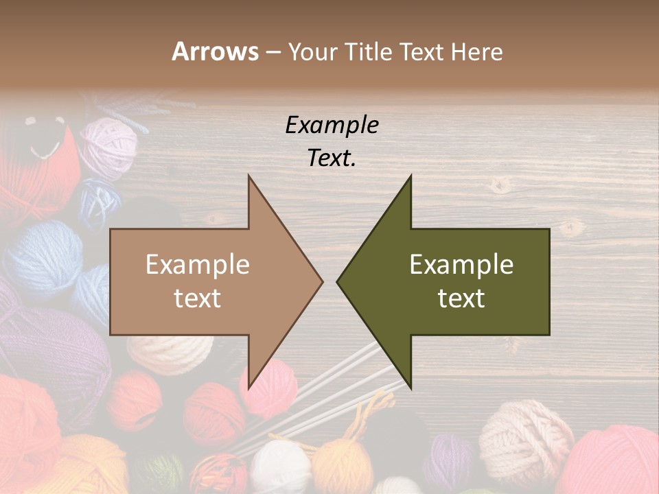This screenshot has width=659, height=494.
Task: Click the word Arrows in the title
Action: tap(215, 51)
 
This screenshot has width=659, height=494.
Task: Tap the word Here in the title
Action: tap(476, 51)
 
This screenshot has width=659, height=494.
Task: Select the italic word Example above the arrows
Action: tap(332, 125)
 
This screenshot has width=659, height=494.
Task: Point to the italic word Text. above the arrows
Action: tap(332, 158)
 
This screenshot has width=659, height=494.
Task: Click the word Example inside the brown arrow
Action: tap(198, 265)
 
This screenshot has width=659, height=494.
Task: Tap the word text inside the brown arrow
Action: tap(198, 298)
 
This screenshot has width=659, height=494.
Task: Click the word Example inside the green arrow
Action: tap(461, 265)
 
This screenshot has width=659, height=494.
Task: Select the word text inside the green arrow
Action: tap(461, 298)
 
